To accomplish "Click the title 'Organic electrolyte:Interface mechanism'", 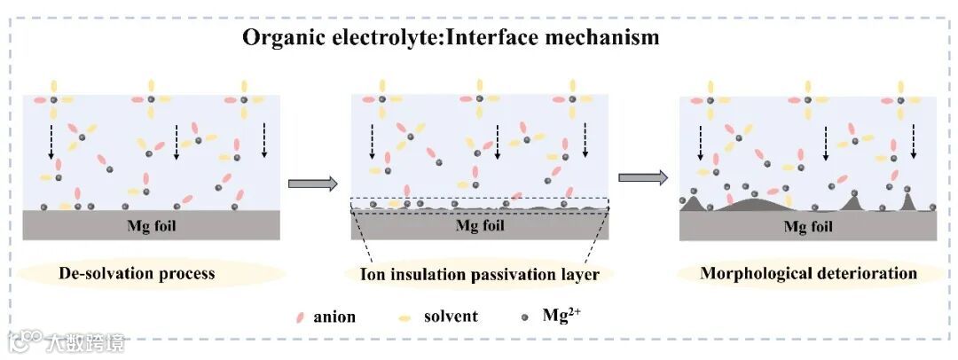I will (x=451, y=37).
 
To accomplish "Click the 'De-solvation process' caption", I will (x=137, y=272).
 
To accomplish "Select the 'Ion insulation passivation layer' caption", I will (x=479, y=274).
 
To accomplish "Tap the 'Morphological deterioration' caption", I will (x=808, y=272).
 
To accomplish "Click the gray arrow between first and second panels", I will (x=313, y=184).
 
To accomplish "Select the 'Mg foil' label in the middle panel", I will (x=479, y=224).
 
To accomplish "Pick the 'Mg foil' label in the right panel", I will (x=807, y=226).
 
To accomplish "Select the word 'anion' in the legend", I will (x=334, y=317).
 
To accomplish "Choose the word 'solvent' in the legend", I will (x=451, y=317).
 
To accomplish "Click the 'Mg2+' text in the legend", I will (x=562, y=314).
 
